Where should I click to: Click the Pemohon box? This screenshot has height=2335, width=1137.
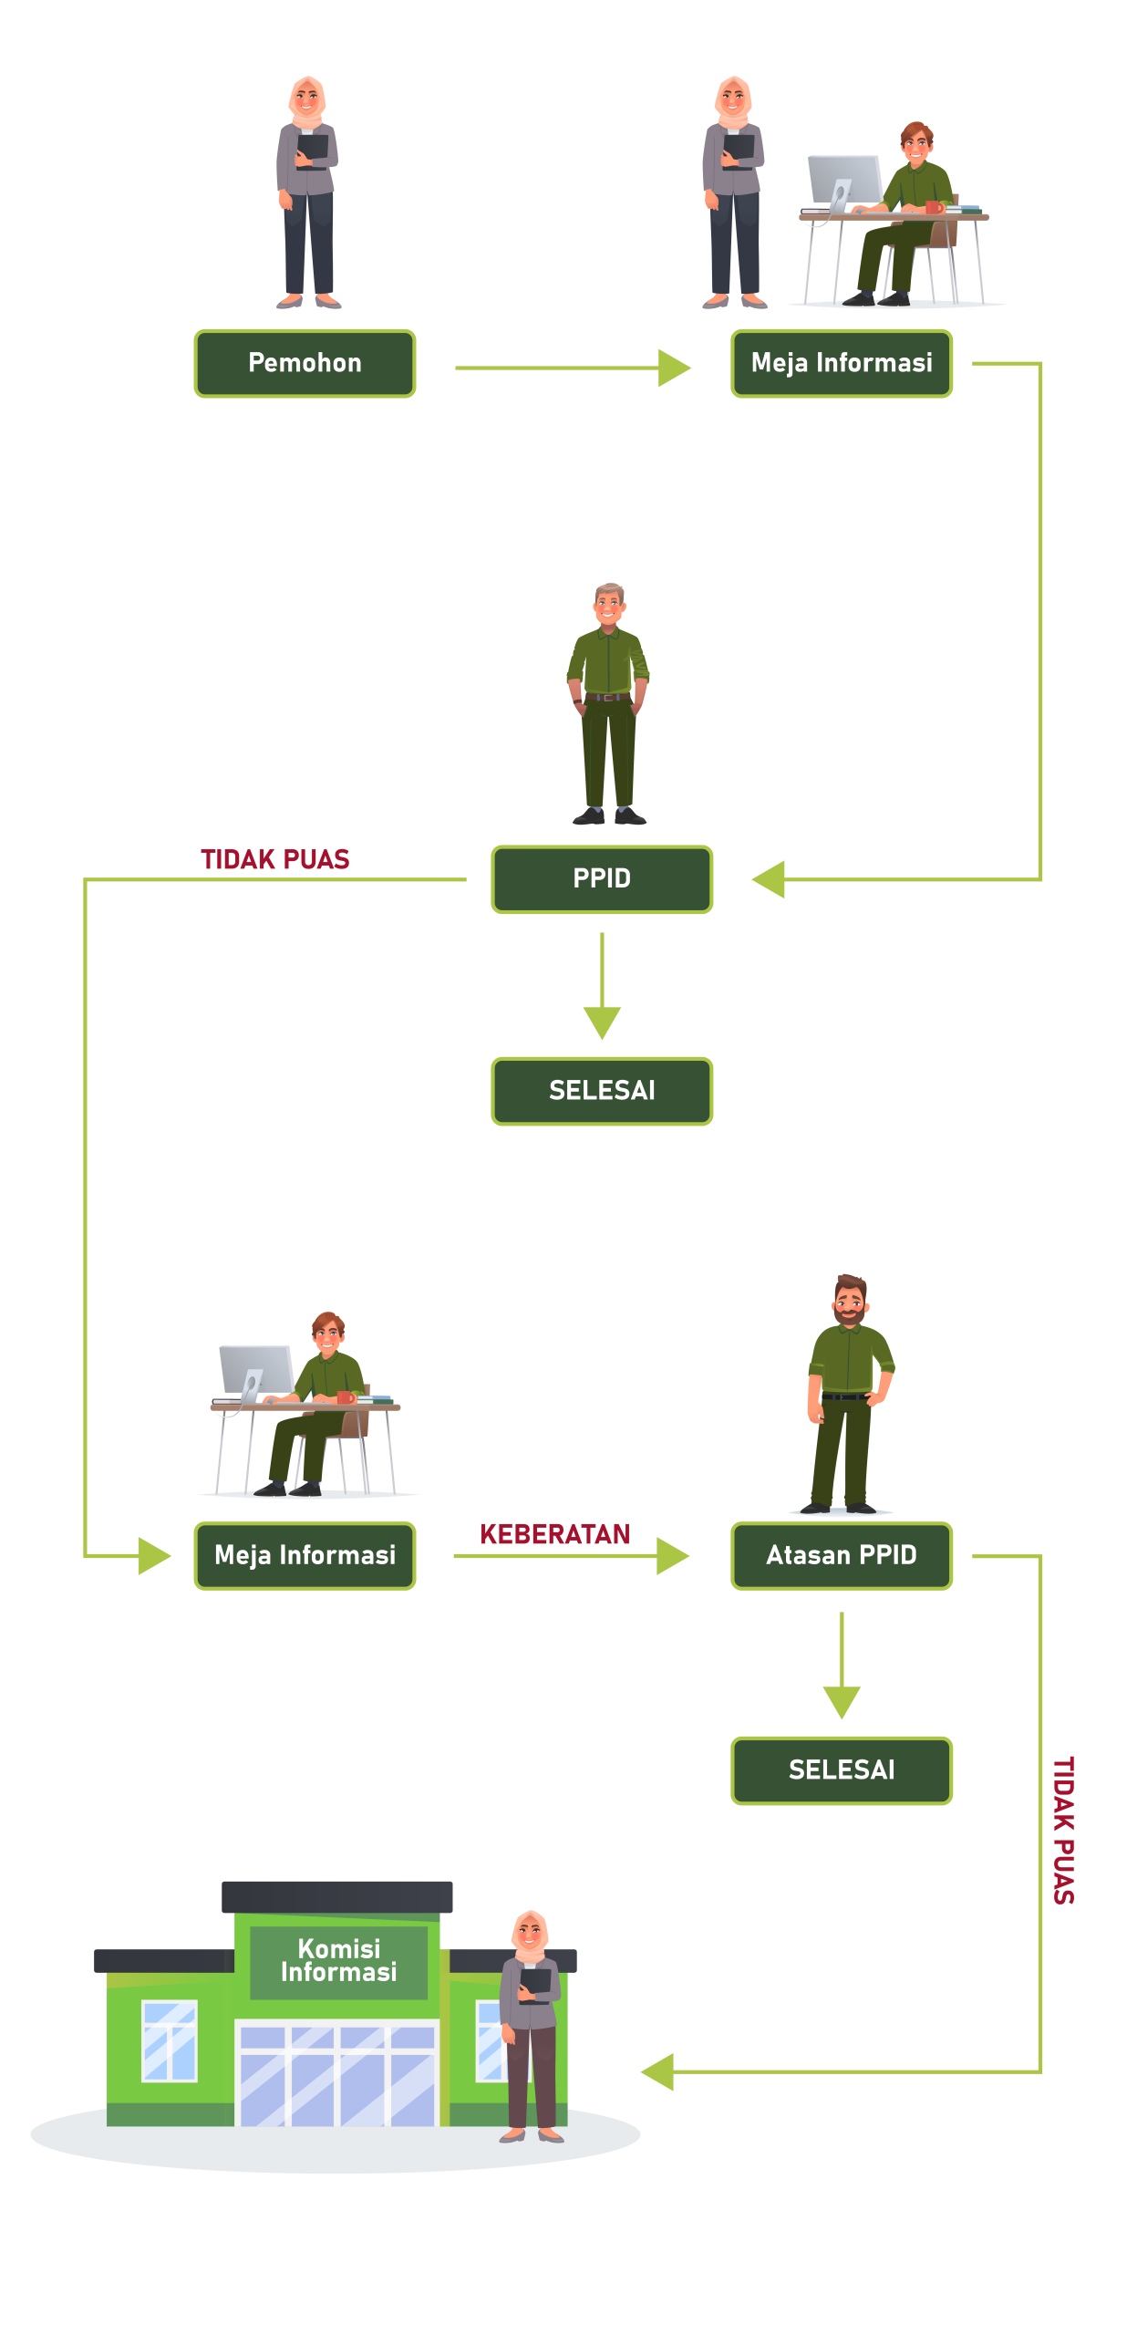tap(305, 363)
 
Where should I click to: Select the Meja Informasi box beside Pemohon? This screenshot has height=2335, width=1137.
tap(841, 363)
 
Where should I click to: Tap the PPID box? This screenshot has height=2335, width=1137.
tap(602, 879)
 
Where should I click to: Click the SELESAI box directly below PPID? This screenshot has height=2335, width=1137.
tap(602, 1091)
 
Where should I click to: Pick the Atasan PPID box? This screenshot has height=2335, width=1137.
tap(841, 1555)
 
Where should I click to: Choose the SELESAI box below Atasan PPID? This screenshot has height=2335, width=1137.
tap(841, 1770)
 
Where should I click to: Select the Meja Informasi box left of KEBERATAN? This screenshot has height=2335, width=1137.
tap(305, 1555)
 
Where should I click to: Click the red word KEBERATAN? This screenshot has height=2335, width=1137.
tap(554, 1534)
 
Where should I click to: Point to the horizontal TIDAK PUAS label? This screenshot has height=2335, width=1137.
tap(274, 859)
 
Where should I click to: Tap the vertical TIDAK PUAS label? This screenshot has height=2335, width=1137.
tap(1063, 1830)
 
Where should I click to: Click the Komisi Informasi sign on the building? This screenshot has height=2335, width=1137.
tap(338, 1960)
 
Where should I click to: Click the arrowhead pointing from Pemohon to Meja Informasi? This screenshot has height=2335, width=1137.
tap(675, 368)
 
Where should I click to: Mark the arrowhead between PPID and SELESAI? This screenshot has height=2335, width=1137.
tap(602, 1022)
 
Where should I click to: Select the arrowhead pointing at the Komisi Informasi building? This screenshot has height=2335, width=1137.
tap(657, 2071)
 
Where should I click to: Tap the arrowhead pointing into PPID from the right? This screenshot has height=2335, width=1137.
tap(769, 879)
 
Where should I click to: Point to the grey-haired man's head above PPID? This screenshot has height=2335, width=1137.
tap(609, 603)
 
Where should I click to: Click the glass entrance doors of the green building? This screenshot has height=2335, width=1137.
tap(337, 2075)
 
